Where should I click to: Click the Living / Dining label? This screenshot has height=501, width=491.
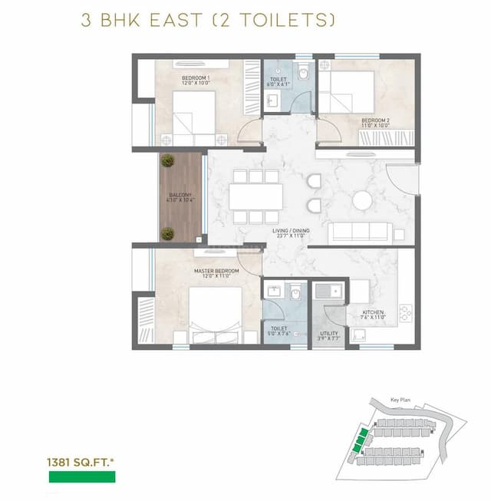coord(289,233)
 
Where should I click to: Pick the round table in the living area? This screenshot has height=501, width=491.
coord(363,201)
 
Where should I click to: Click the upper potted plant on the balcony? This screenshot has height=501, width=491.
coord(167,160)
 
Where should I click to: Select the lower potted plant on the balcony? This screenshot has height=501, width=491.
coord(167,233)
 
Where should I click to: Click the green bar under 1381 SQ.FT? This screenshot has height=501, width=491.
coord(82,477)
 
